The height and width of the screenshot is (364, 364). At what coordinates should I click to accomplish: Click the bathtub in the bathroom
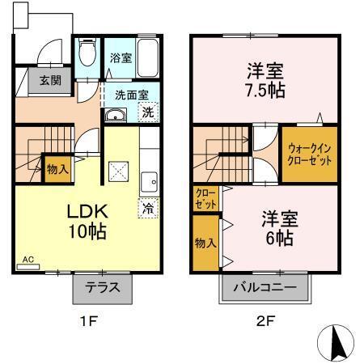[146, 55]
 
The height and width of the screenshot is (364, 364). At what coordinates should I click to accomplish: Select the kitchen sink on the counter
[148, 180]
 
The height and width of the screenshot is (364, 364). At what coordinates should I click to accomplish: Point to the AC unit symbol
[27, 262]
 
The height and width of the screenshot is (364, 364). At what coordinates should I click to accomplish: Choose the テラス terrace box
[103, 287]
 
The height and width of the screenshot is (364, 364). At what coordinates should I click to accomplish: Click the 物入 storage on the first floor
[56, 170]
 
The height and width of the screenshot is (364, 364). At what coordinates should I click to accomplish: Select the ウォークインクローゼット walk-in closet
[309, 154]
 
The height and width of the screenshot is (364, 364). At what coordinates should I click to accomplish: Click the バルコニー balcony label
[265, 288]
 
